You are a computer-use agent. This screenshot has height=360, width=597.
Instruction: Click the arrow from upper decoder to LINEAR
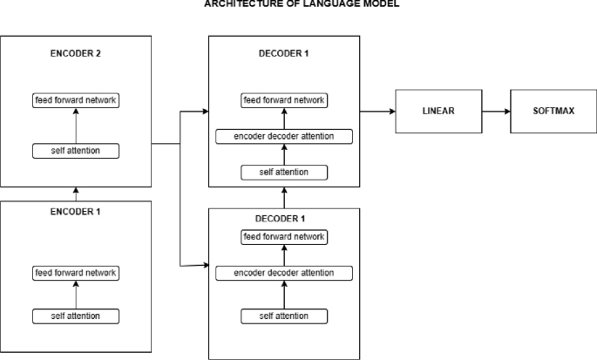377,112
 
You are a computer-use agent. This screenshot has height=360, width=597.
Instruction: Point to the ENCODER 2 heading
76,52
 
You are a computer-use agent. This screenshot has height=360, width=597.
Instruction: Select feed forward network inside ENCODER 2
76,100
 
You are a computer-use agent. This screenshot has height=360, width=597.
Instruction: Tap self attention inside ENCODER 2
76,152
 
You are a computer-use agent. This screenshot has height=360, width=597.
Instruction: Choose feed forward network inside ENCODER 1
76,273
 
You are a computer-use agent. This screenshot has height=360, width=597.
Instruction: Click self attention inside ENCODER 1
76,315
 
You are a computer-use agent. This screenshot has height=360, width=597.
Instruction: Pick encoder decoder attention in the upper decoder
285,136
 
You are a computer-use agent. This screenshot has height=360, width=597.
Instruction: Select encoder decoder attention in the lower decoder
285,273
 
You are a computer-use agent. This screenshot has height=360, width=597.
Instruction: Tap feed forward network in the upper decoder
285,100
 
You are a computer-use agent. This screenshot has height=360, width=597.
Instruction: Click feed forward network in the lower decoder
285,236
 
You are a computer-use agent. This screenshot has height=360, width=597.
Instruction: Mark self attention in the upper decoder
285,172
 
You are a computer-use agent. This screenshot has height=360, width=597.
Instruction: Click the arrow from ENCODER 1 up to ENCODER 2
76,194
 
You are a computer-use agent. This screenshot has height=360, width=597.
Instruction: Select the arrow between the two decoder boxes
285,198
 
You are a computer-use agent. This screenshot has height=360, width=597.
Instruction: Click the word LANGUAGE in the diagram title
301,3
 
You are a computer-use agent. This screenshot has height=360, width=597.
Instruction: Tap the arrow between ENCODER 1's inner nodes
76,294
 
